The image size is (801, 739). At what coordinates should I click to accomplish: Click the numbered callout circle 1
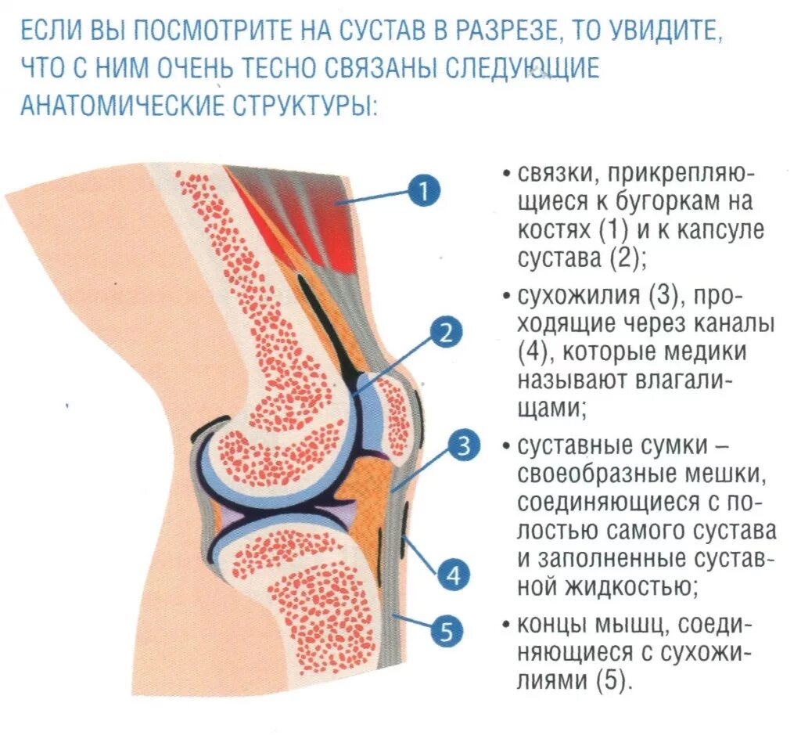[423, 191]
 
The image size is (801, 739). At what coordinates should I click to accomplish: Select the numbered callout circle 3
[463, 447]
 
